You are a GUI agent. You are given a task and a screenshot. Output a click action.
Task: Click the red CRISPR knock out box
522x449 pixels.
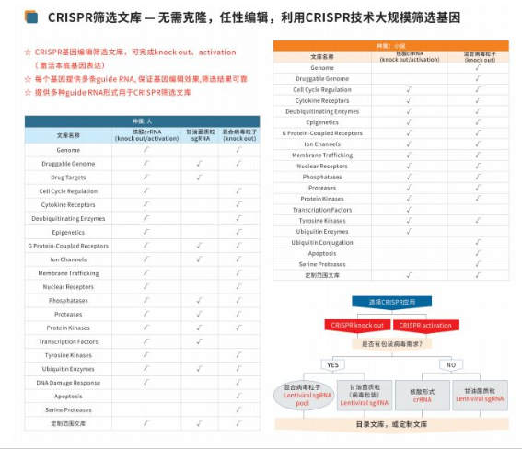pyautogui.click(x=357, y=324)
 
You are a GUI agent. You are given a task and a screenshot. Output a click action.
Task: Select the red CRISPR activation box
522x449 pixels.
pyautogui.click(x=423, y=324)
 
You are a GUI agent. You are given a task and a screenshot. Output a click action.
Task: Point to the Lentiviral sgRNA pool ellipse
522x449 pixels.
pyautogui.click(x=304, y=395)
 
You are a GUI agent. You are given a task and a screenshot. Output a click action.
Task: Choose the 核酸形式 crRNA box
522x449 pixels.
pyautogui.click(x=422, y=396)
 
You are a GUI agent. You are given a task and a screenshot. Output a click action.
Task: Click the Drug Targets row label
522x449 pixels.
pyautogui.click(x=69, y=177)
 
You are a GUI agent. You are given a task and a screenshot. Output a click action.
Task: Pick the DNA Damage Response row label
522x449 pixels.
pyautogui.click(x=69, y=382)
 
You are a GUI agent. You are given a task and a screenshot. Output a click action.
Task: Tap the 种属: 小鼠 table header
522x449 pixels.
pyautogui.click(x=393, y=44)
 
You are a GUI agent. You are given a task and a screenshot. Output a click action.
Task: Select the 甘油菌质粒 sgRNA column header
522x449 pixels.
pyautogui.click(x=199, y=134)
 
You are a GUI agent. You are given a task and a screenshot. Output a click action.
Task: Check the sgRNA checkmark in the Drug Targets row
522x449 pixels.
pyautogui.click(x=199, y=177)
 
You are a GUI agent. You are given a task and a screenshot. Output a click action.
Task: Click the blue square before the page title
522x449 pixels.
pyautogui.click(x=31, y=17)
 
